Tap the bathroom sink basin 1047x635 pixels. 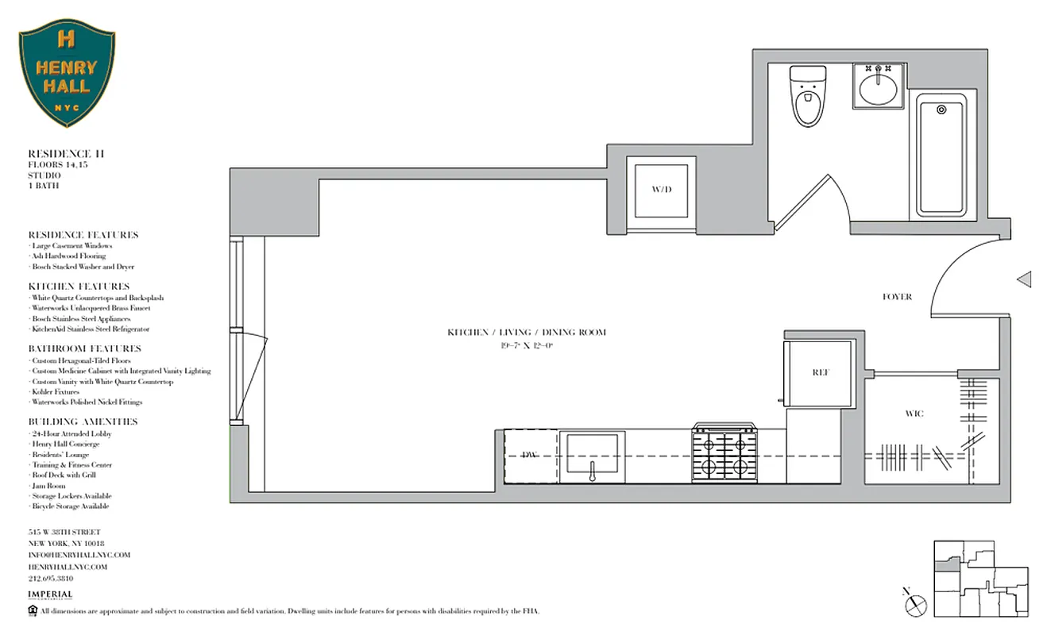pyautogui.click(x=878, y=87)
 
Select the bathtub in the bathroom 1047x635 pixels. pyautogui.click(x=941, y=155)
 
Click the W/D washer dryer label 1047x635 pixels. pyautogui.click(x=661, y=190)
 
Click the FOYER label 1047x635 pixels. pyautogui.click(x=897, y=297)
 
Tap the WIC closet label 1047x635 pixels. pyautogui.click(x=914, y=414)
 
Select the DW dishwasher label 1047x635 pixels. pyautogui.click(x=530, y=455)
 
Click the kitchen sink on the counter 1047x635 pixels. pyautogui.click(x=592, y=456)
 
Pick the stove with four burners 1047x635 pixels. pyautogui.click(x=724, y=455)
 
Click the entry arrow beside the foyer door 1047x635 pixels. pyautogui.click(x=1025, y=279)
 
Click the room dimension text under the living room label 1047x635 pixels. pyautogui.click(x=526, y=345)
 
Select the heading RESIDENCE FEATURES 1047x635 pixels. pyautogui.click(x=83, y=235)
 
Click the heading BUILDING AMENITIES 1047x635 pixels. pyautogui.click(x=83, y=421)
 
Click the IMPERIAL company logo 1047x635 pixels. pyautogui.click(x=50, y=595)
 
